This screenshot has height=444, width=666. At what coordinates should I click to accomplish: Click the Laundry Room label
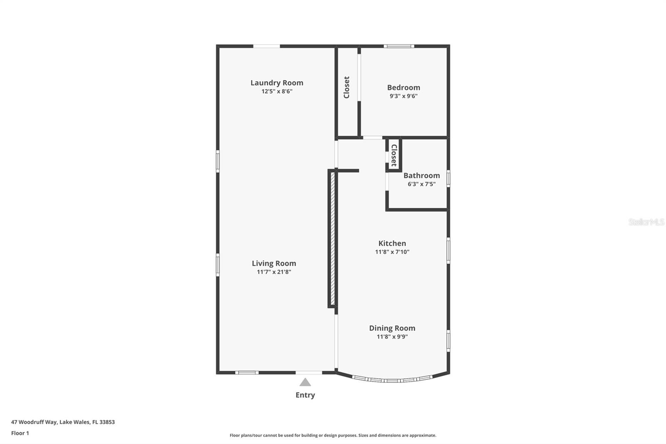(277, 83)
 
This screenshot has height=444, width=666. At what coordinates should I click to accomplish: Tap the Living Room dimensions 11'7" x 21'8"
(274, 272)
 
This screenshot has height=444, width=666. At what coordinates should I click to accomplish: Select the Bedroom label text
(403, 87)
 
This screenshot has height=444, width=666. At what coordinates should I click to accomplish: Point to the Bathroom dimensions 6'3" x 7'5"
(421, 184)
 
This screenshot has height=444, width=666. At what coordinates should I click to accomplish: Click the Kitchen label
(392, 243)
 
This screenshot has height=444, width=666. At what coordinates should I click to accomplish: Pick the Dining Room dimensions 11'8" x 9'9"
(392, 337)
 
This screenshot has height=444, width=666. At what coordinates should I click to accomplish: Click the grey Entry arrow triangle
(305, 382)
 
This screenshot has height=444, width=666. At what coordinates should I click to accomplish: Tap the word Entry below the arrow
(305, 395)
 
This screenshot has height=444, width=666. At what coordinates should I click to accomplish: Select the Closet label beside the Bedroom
(347, 87)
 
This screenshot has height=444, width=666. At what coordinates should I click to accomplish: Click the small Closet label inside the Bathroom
(394, 155)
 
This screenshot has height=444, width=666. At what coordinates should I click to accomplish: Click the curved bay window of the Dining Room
(392, 380)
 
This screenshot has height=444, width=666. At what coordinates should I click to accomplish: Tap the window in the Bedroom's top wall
(398, 46)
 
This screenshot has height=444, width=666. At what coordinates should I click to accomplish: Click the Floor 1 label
(20, 433)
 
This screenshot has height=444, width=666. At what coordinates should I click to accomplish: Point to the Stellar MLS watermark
(646, 222)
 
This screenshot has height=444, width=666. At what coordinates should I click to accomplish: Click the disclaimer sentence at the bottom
(333, 435)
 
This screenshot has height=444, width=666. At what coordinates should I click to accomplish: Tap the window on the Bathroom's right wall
(448, 178)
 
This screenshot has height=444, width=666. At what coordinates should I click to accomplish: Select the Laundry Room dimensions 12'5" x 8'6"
(277, 92)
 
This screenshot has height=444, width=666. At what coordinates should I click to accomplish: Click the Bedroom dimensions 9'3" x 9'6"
(403, 96)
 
